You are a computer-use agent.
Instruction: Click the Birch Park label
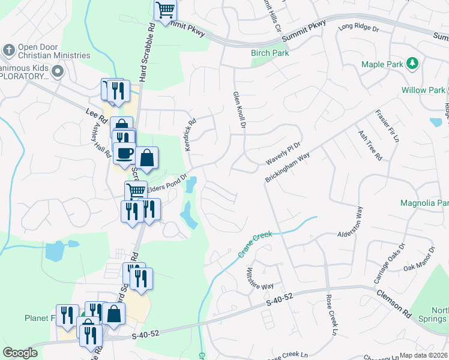(x=270, y=53)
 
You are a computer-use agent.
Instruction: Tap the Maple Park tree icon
(x=412, y=63)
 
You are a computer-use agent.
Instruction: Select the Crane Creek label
(x=255, y=245)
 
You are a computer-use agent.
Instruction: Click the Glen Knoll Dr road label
(x=240, y=110)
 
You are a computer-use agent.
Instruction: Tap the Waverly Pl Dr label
(x=282, y=154)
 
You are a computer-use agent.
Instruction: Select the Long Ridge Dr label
(x=359, y=28)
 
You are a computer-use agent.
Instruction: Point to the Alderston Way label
(x=351, y=223)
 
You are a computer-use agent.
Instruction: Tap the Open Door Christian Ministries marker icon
(x=9, y=49)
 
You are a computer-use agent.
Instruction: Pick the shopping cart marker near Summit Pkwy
(x=165, y=10)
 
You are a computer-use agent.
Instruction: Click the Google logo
(x=20, y=353)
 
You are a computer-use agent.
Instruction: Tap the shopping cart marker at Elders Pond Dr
(x=136, y=191)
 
